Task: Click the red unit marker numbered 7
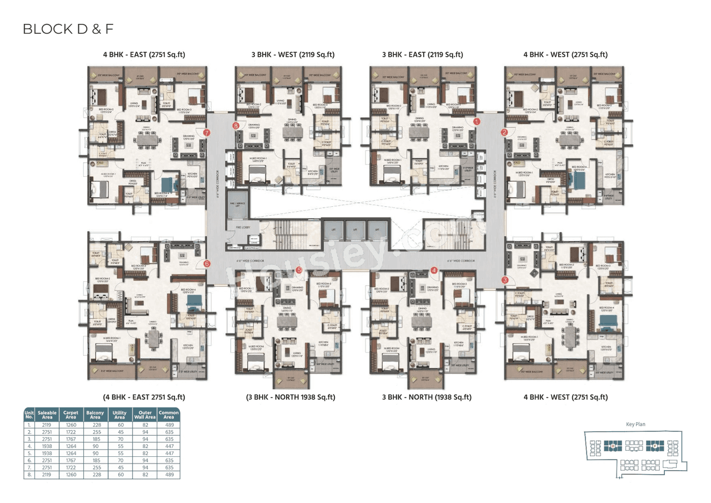(207, 133)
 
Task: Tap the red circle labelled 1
(476, 121)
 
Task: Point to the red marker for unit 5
(299, 270)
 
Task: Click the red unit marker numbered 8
(236, 126)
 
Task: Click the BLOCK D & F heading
(68, 29)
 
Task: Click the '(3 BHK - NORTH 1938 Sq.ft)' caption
(291, 397)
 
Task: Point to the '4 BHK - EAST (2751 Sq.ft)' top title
(144, 54)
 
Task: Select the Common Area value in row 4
(168, 446)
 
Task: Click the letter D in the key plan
(613, 445)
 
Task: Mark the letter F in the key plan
(655, 445)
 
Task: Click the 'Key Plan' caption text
(635, 424)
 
